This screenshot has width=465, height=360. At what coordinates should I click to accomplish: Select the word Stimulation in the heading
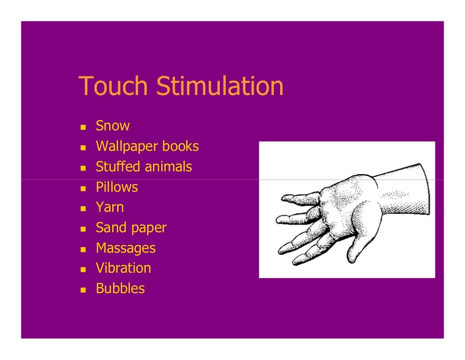point(220,86)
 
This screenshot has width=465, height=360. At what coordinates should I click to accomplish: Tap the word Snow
point(113,126)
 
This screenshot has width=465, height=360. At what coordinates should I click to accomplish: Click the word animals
point(168,167)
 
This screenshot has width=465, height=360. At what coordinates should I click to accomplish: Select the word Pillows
point(117,187)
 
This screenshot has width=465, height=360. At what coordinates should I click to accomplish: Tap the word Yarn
point(109,207)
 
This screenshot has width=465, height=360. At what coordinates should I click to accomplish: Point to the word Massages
point(125,248)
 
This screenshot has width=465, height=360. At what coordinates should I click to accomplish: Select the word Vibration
point(123,268)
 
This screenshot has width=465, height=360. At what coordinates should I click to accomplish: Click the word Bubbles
point(120,289)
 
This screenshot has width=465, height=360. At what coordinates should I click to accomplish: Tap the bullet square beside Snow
point(83,127)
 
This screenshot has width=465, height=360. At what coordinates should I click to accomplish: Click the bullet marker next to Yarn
point(83,208)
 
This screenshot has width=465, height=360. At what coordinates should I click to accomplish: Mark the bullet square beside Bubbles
point(83,290)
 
